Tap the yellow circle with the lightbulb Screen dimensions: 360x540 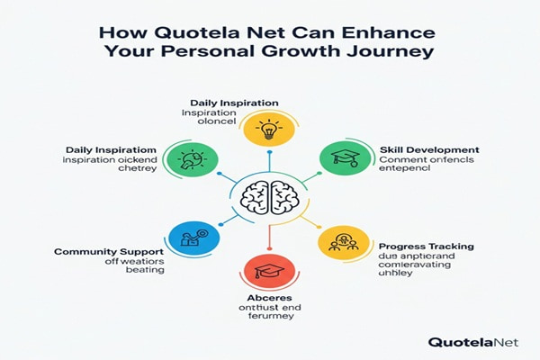pos(268,129)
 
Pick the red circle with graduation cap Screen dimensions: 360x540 pos(268,271)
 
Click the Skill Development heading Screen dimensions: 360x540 pos(428,148)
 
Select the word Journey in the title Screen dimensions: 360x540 pos(394,51)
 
